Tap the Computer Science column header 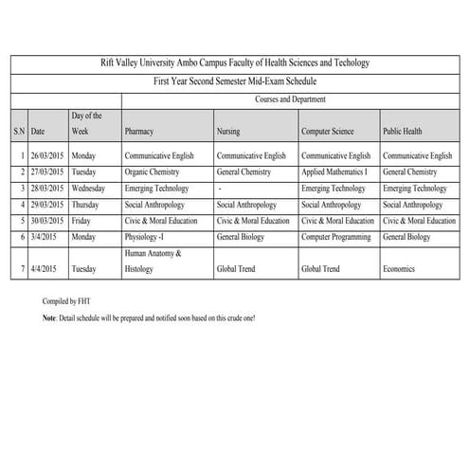click(329, 131)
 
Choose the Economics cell click(400, 269)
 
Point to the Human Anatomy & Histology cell click(152, 262)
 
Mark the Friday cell click(82, 221)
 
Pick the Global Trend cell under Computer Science click(320, 269)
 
